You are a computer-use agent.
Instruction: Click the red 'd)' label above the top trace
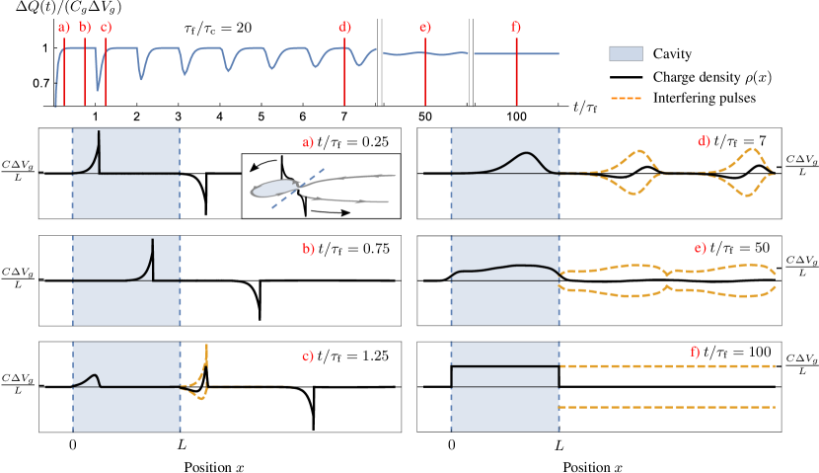coord(344,28)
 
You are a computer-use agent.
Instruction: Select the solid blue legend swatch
coord(626,53)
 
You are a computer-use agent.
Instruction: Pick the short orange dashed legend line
coord(626,98)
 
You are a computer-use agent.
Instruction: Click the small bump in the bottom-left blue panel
coord(93,376)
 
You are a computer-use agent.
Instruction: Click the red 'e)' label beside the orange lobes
coord(700,248)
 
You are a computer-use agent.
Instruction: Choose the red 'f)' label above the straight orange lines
coord(695,352)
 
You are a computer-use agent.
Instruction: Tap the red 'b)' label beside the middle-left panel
coord(308,250)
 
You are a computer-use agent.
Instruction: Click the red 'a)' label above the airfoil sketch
coord(308,142)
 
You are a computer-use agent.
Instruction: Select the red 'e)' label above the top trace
coord(425,28)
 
